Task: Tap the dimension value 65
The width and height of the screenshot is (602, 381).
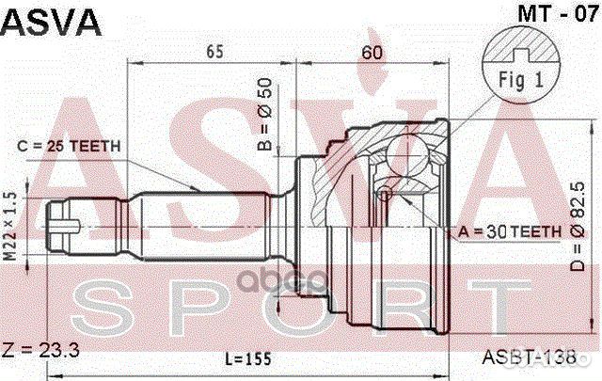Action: click(x=214, y=53)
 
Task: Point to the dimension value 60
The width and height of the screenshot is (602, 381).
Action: click(x=372, y=53)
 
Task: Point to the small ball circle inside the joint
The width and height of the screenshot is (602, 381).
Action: click(x=384, y=195)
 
